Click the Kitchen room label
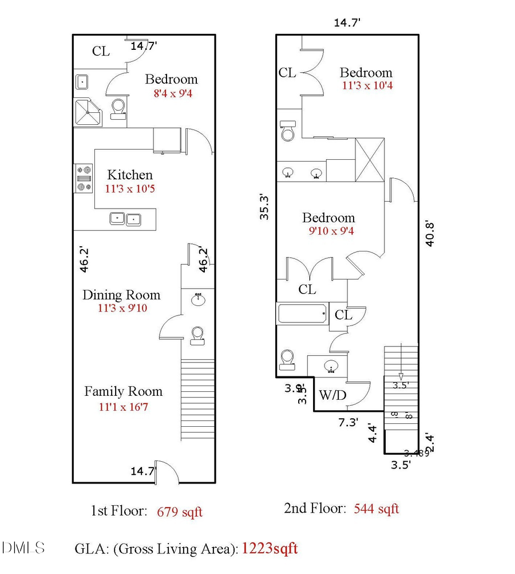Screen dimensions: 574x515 point(130,175)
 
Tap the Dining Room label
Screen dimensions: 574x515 point(121,296)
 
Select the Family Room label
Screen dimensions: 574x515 point(123,392)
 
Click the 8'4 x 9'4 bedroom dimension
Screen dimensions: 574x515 point(172,93)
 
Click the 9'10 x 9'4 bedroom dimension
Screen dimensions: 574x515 point(328,231)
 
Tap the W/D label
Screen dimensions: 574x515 point(331,395)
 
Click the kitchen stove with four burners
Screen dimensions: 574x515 point(84,178)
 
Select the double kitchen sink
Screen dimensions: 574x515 point(125,219)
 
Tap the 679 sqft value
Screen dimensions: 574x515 point(180,512)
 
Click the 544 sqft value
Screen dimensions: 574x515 point(377,508)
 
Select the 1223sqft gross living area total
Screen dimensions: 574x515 point(270,548)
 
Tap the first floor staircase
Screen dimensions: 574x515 point(197,399)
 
